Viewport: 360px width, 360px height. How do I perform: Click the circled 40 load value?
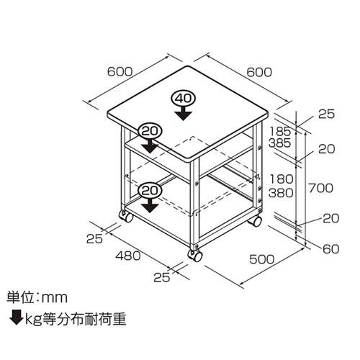pos(184,99)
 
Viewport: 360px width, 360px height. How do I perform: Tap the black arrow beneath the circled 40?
pos(184,113)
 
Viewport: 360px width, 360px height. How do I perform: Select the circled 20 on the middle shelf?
pos(150,131)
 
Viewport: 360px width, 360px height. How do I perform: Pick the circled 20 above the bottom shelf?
pos(150,191)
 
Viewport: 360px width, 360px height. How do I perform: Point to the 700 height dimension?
pos(320,188)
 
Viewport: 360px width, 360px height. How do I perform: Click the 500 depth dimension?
pos(262,259)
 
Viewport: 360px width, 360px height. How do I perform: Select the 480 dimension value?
pos(128,256)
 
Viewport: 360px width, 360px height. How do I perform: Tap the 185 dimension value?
pos(280,131)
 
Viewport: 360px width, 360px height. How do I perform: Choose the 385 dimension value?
pos(279,143)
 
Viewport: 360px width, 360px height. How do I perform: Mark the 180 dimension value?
pos(281,179)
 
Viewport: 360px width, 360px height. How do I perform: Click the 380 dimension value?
pos(281,193)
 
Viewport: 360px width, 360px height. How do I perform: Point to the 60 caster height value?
pos(330,249)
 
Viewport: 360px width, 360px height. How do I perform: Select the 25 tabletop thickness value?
pos(326,114)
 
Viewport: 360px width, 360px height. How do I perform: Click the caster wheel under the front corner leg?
pos(195,256)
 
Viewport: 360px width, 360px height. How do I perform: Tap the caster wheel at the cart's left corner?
pos(126,216)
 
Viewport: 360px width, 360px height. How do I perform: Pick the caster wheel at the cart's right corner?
pos(255,221)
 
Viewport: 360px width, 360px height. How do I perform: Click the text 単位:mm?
pos(37,297)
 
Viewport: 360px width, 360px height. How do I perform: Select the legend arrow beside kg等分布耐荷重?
pos(17,318)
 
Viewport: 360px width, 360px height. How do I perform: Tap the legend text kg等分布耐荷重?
pos(76,320)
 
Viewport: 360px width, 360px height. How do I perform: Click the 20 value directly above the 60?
pos(330,218)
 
